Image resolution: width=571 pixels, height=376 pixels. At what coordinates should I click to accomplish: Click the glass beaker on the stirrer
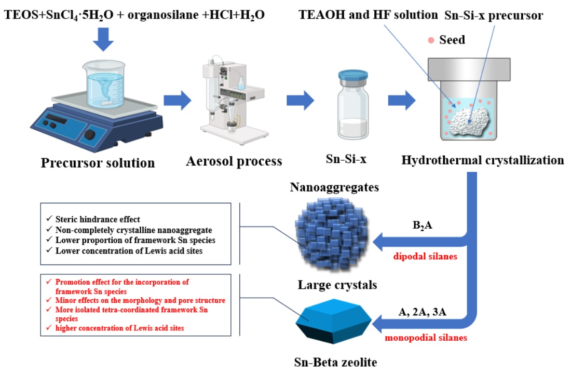coord(104,85)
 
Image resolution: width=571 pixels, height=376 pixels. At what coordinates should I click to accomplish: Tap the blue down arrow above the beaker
coord(103,39)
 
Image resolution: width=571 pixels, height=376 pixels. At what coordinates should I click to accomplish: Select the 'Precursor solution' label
coord(98,163)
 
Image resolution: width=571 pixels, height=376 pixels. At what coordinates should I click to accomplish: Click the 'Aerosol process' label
coord(234,161)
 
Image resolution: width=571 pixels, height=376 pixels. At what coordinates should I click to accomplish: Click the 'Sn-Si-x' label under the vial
coord(346,159)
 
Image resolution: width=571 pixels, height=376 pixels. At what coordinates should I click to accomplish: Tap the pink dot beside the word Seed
coord(431,40)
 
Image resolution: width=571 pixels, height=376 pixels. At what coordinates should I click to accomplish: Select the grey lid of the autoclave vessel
coord(469,69)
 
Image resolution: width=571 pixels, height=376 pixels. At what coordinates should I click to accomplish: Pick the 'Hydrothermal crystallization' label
coord(483,160)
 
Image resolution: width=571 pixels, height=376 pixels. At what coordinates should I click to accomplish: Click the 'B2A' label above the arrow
coord(423,225)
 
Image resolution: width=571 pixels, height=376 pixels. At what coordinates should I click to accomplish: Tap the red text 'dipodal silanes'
coord(425,256)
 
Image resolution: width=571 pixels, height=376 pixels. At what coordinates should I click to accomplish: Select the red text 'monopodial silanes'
coord(426,338)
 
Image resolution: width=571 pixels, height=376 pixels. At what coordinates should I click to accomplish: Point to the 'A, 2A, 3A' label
coord(423,312)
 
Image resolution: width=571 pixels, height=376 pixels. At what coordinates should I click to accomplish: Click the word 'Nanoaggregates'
coord(334,187)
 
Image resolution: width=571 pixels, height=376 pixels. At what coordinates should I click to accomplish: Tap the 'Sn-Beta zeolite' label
coord(335,362)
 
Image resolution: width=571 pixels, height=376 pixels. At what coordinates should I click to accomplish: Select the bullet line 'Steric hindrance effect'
coord(98,219)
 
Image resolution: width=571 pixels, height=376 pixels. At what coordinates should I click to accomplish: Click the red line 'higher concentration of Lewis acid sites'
coord(119,328)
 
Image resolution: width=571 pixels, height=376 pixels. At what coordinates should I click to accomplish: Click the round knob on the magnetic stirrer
coord(90,135)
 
